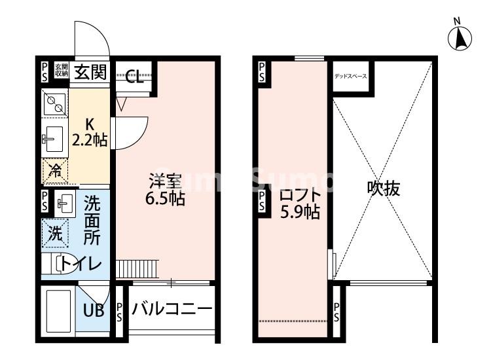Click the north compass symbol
point(460,38)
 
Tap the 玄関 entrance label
point(90,71)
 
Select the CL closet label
point(135,79)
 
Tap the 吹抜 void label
point(383,189)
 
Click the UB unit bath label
point(93,310)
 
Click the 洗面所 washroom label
point(92,221)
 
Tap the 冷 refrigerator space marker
point(56,171)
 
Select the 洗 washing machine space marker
point(56,232)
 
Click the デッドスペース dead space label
point(351,77)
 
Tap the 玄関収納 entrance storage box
point(61,70)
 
